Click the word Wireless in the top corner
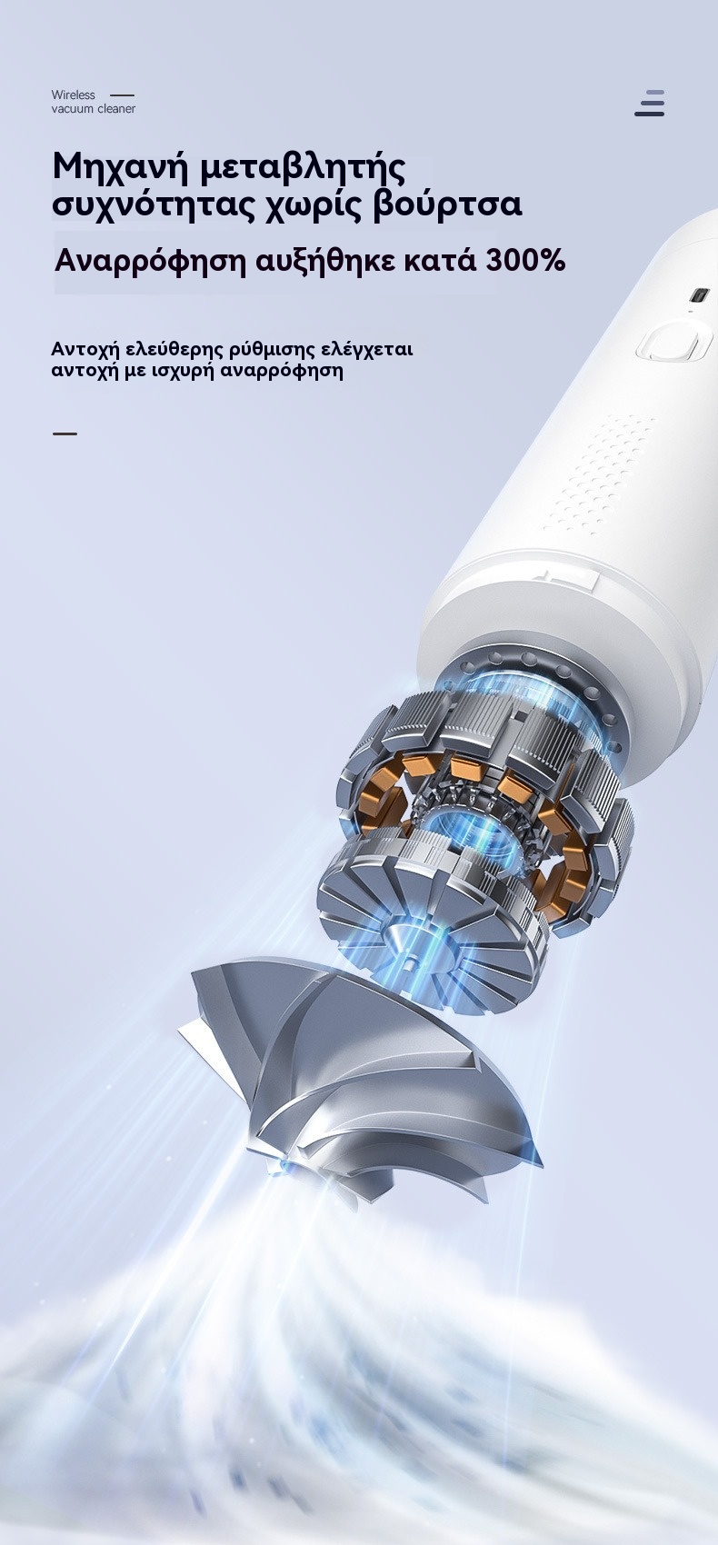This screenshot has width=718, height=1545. (73, 95)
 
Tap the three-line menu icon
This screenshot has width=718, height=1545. (650, 103)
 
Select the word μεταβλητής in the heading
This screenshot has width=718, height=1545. (302, 167)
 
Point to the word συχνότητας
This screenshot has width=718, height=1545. (155, 204)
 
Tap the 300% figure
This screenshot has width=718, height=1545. (525, 261)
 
